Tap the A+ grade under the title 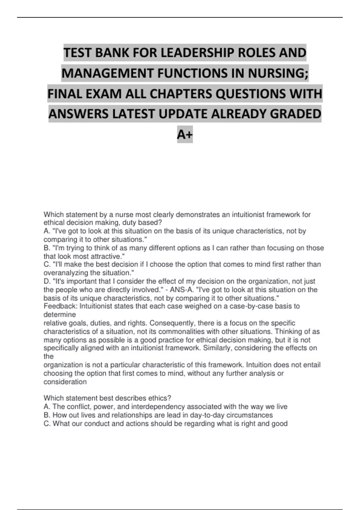point(185,135)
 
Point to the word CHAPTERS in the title point(181,94)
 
